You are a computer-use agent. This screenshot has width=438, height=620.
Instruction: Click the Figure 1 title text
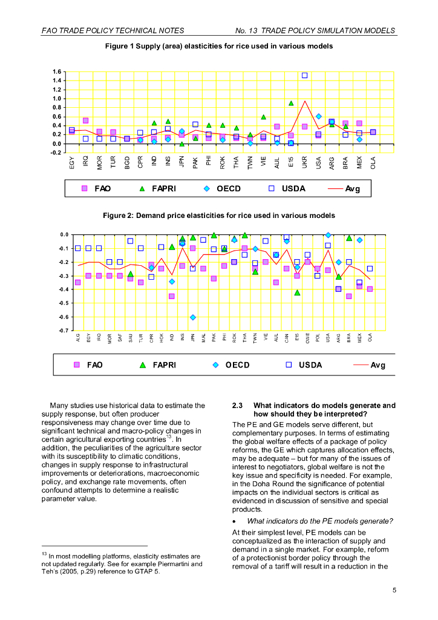point(218,46)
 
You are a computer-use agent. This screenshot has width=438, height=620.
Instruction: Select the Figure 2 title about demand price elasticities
point(218,216)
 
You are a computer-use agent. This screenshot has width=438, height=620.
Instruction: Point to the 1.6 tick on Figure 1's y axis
point(57,71)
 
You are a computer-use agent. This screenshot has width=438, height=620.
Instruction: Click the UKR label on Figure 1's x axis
point(305,162)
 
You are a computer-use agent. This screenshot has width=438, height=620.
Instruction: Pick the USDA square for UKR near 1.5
point(304,76)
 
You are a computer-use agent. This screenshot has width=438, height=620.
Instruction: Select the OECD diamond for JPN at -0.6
point(192,317)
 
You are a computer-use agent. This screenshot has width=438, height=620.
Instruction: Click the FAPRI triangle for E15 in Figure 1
point(291,104)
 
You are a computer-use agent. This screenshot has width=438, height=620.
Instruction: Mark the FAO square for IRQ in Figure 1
point(85,120)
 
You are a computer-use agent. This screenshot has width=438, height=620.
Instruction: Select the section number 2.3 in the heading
point(238,405)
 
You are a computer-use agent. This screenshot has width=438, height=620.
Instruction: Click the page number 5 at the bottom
point(394,590)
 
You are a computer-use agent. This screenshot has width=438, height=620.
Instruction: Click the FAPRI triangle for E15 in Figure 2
point(297,292)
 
